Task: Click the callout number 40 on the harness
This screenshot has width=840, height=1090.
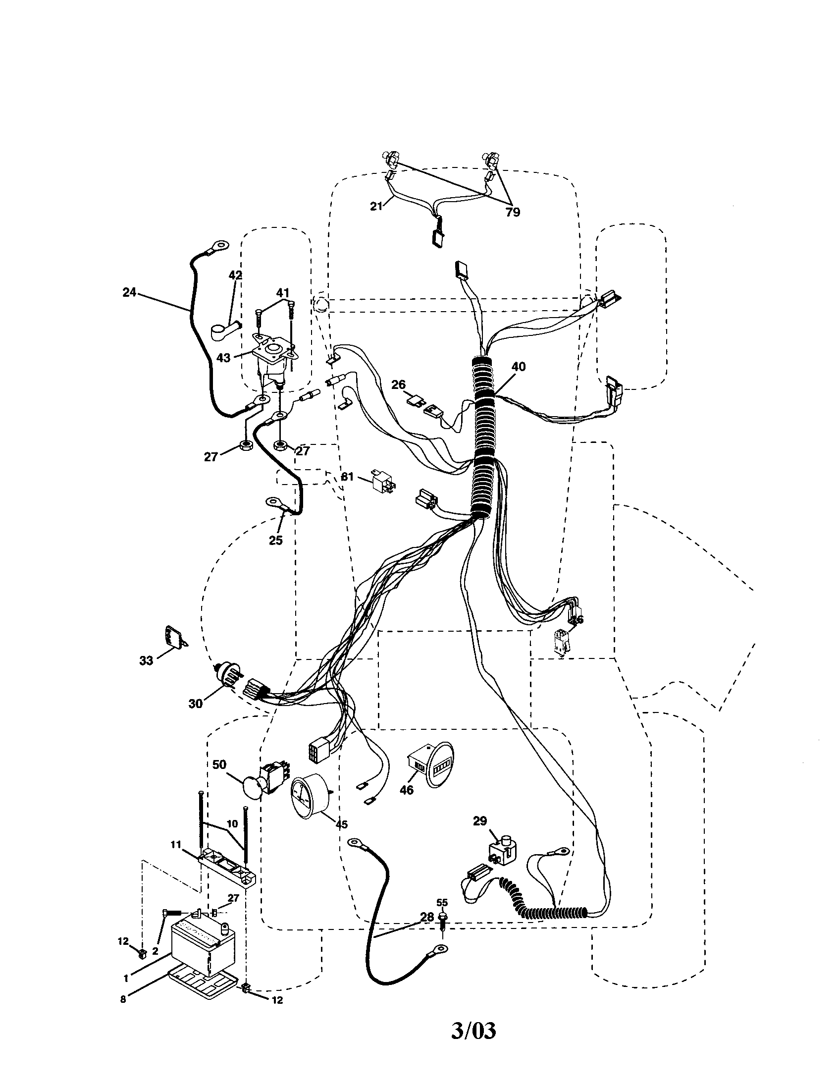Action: click(519, 366)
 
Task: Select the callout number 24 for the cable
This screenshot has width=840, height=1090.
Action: click(129, 292)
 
